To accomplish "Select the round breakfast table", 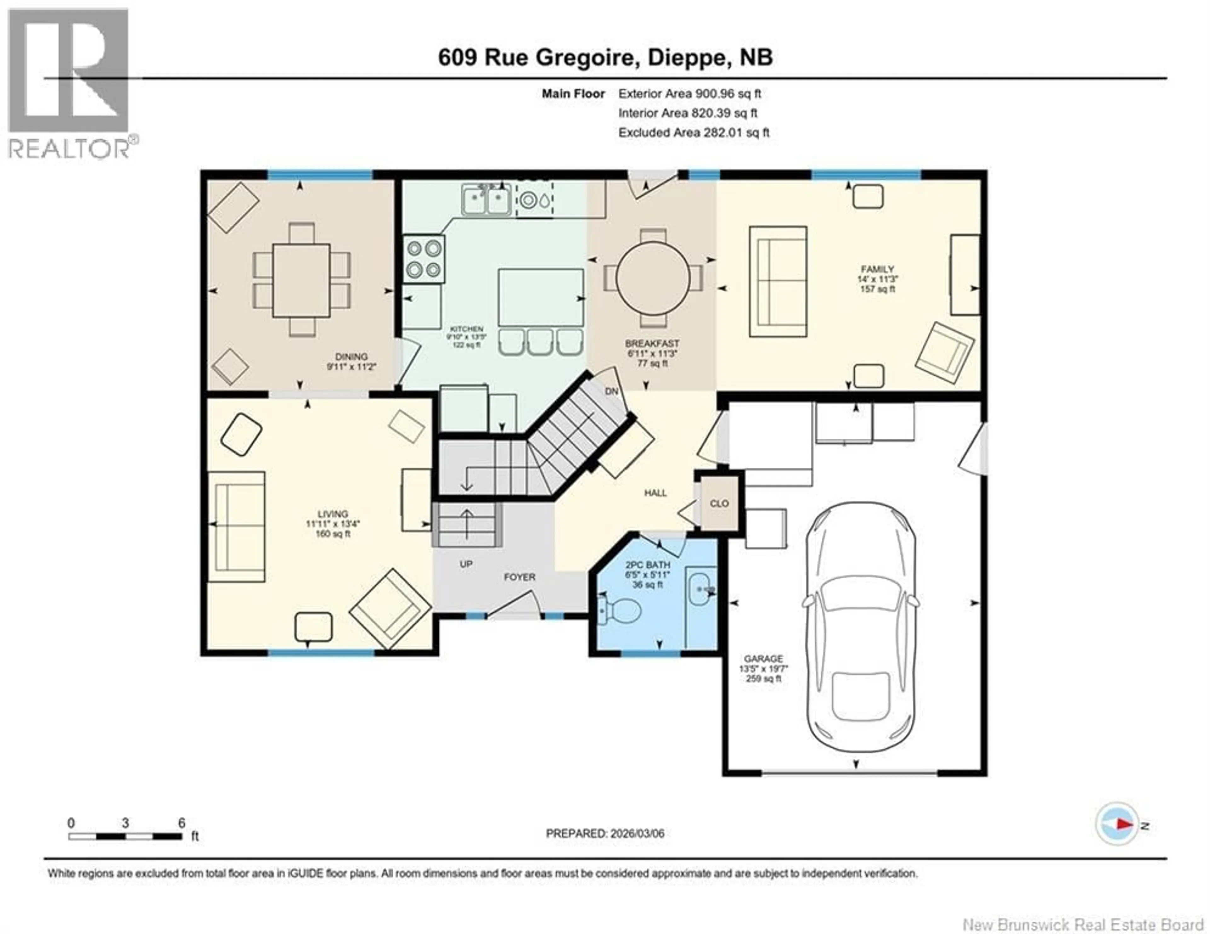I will click(x=653, y=279).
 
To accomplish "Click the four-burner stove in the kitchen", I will click(x=423, y=259).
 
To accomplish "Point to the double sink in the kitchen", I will click(x=487, y=199).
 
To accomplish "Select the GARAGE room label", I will click(x=763, y=659).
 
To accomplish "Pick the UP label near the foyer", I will click(x=466, y=564).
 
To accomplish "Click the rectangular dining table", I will click(x=301, y=280).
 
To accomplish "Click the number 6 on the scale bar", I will click(x=181, y=823).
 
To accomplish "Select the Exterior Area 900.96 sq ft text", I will click(x=689, y=94).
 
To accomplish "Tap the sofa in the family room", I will click(x=778, y=281).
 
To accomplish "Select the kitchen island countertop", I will click(x=540, y=297).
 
